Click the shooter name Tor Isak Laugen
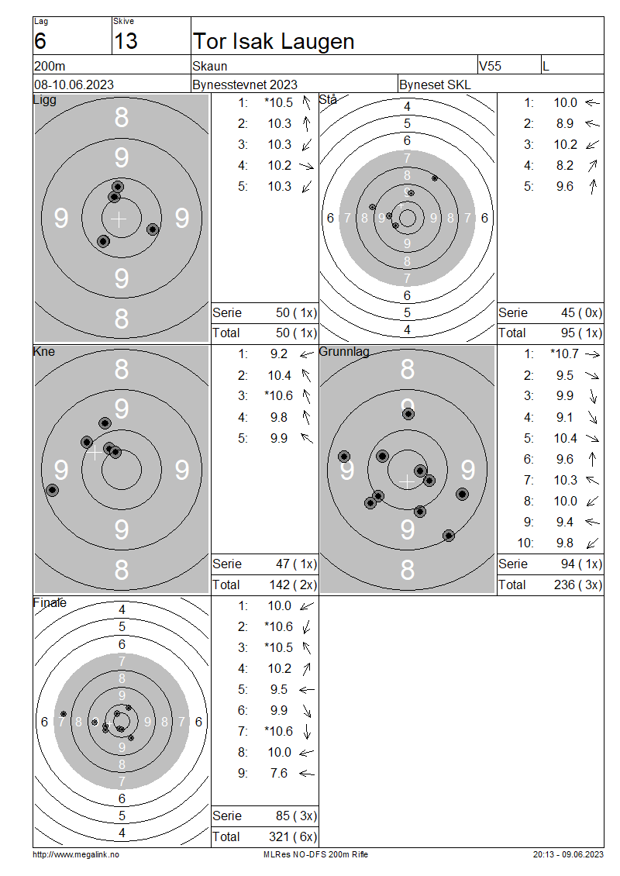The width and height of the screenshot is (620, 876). [x=273, y=41]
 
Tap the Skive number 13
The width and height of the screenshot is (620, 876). [x=126, y=41]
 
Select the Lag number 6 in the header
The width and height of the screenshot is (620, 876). [x=40, y=41]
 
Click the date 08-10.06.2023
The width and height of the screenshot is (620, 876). [x=74, y=84]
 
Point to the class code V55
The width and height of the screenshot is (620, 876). [x=490, y=66]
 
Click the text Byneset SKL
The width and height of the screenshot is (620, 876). [x=435, y=84]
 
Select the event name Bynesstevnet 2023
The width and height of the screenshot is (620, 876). [x=245, y=84]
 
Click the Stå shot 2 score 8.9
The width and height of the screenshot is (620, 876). [x=565, y=123]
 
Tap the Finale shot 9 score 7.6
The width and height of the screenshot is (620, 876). [x=279, y=773]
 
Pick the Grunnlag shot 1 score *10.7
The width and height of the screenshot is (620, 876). [x=564, y=354]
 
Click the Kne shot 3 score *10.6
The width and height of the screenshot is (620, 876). [x=279, y=395]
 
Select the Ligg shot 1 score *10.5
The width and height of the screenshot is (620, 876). [x=279, y=103]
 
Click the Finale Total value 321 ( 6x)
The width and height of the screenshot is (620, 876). [x=293, y=837]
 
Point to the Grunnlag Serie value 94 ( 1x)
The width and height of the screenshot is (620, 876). [x=581, y=564]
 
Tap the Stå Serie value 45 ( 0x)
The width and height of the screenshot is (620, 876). [x=581, y=313]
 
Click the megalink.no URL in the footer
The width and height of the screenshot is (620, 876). [x=76, y=854]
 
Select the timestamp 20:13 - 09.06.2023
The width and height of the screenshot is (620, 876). [x=568, y=854]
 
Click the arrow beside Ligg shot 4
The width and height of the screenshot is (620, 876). [x=306, y=165]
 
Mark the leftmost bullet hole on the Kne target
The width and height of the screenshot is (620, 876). [x=52, y=490]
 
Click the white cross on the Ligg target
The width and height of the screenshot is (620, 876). [x=119, y=219]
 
